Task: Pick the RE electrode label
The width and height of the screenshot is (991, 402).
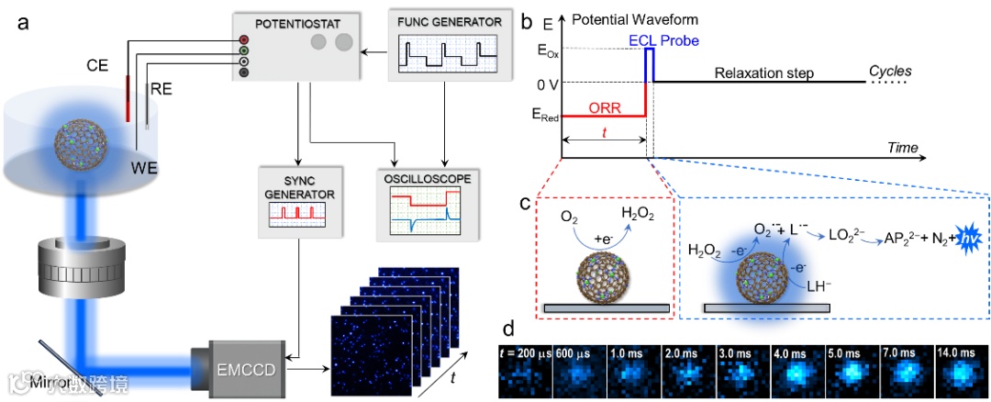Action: click(160, 91)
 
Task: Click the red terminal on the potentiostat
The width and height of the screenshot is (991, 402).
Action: click(243, 39)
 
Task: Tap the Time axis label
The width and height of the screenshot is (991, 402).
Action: click(902, 147)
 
